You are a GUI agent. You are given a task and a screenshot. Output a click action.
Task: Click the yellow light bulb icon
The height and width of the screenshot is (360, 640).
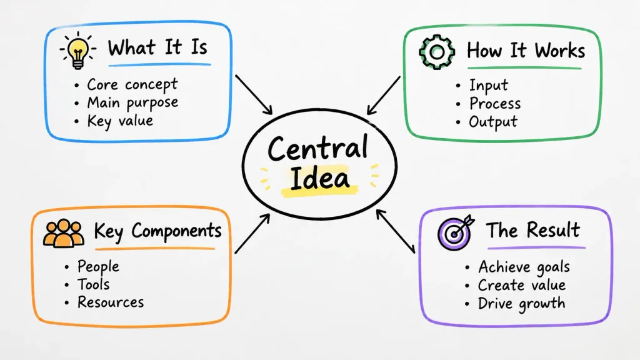click(77, 51)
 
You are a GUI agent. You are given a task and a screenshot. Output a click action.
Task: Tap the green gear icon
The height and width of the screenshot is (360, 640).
click(437, 52)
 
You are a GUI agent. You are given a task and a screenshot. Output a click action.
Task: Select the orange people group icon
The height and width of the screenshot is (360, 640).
click(64, 234)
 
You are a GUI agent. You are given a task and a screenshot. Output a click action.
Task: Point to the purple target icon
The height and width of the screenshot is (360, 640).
click(456, 232)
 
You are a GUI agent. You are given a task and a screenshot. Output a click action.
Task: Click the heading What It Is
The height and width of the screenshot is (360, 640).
click(157, 47)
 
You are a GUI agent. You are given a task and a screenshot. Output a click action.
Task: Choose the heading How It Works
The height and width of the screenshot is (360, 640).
click(526, 51)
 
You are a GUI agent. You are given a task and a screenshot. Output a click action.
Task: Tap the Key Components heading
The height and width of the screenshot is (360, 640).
click(157, 231)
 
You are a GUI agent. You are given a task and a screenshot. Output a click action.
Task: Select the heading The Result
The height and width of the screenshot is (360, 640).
click(533, 230)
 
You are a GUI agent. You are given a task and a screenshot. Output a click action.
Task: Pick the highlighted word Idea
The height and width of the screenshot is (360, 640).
click(320, 178)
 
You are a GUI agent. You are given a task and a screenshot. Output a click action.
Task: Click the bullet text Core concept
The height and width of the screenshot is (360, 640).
click(132, 84)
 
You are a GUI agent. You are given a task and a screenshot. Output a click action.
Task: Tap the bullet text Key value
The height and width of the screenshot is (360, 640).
click(120, 121)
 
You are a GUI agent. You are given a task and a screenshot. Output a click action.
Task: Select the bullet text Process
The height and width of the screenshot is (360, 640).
click(495, 103)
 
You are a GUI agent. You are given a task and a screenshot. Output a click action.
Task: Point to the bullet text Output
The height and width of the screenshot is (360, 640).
click(493, 122)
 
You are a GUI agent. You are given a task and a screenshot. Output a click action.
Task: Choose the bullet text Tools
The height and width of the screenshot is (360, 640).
click(94, 284)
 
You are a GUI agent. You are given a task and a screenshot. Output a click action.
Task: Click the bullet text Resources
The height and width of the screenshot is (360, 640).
click(111, 302)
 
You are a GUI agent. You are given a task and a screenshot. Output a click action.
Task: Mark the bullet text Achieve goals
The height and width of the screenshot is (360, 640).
click(524, 267)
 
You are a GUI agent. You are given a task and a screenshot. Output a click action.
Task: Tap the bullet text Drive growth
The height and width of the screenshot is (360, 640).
click(522, 304)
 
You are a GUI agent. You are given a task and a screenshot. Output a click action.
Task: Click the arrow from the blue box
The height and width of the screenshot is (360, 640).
click(254, 95)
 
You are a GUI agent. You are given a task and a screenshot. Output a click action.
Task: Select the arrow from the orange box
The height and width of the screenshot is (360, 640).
click(252, 234)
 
